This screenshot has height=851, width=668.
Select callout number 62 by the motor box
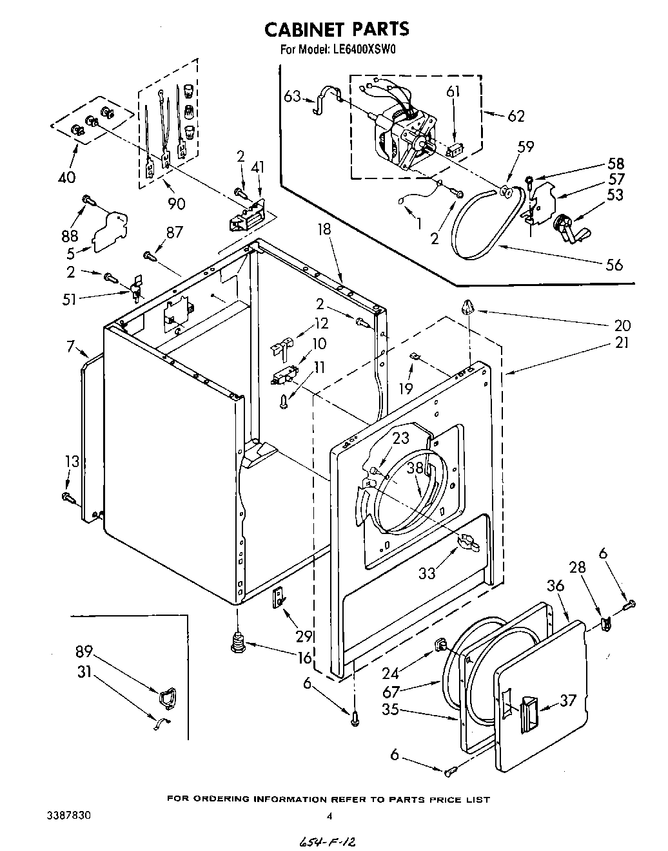pos(515,116)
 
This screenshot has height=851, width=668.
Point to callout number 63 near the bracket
pos(292,97)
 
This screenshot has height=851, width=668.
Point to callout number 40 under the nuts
pos(66,177)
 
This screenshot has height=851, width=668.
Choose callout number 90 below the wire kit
pos(176,204)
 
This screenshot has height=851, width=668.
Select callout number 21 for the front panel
pos(622,343)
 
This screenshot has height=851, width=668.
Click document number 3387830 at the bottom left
pos(68,815)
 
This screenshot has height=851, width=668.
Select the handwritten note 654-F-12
pos(328,842)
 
